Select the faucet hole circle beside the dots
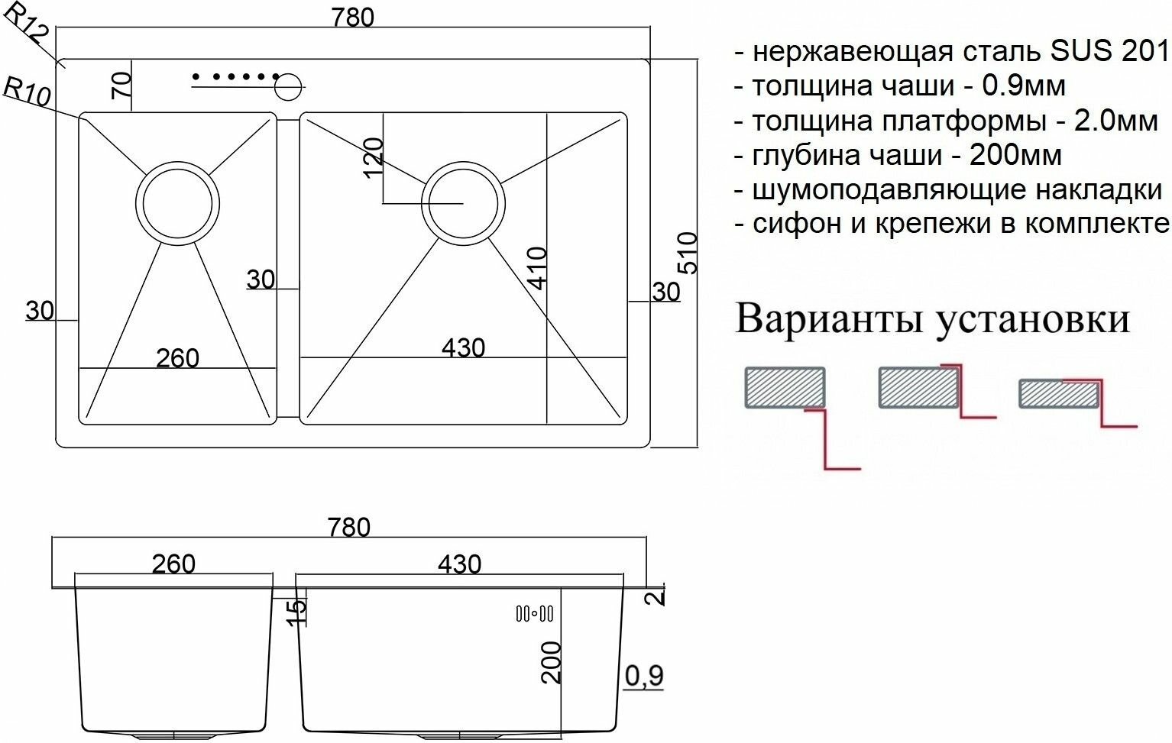pyautogui.click(x=289, y=86)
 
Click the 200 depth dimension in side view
pyautogui.click(x=551, y=662)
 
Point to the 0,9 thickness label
pyautogui.click(x=644, y=676)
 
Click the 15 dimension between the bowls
pyautogui.click(x=297, y=610)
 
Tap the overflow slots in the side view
pyautogui.click(x=534, y=612)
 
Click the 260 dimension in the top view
pyautogui.click(x=177, y=357)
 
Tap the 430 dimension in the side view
pyautogui.click(x=459, y=564)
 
